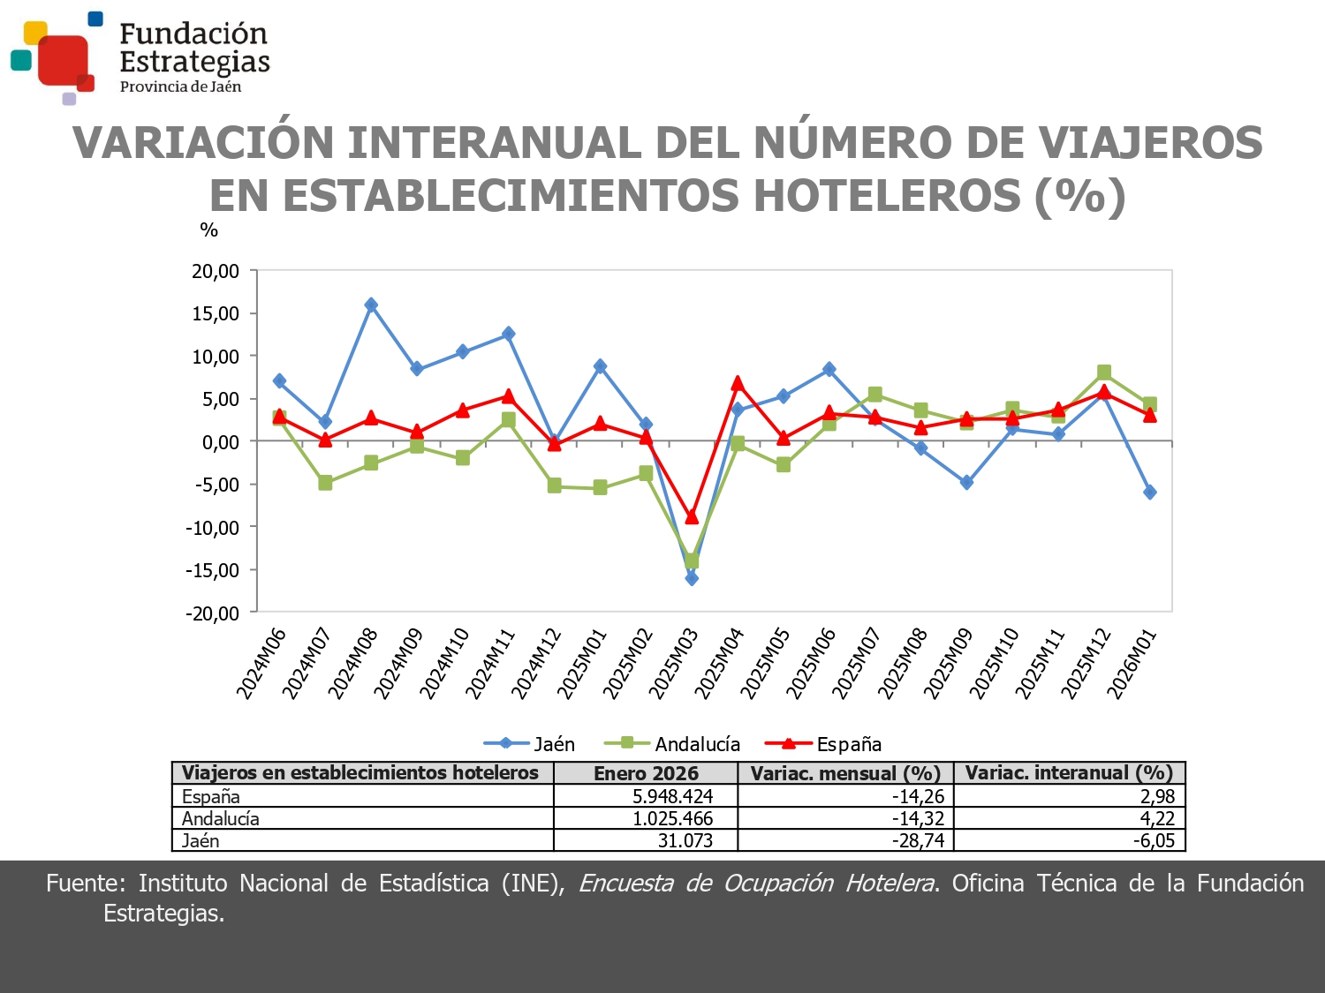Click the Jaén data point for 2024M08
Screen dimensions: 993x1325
click(371, 305)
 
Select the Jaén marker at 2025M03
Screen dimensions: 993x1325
click(692, 578)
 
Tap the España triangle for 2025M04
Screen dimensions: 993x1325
click(738, 383)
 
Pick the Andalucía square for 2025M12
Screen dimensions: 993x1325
click(1104, 372)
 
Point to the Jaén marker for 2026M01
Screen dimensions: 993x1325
click(1149, 492)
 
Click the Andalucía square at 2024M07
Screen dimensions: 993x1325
click(325, 483)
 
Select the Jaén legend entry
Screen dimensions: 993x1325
click(530, 744)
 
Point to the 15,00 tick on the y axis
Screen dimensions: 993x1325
click(216, 314)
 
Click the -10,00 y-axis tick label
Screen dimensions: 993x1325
click(212, 528)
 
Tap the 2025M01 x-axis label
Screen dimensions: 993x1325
click(582, 663)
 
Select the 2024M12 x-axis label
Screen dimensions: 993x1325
click(536, 663)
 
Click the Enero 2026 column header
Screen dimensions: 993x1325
click(646, 773)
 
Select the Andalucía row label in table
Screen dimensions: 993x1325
click(221, 818)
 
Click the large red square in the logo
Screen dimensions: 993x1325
click(63, 59)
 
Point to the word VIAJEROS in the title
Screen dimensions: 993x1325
click(1149, 143)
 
